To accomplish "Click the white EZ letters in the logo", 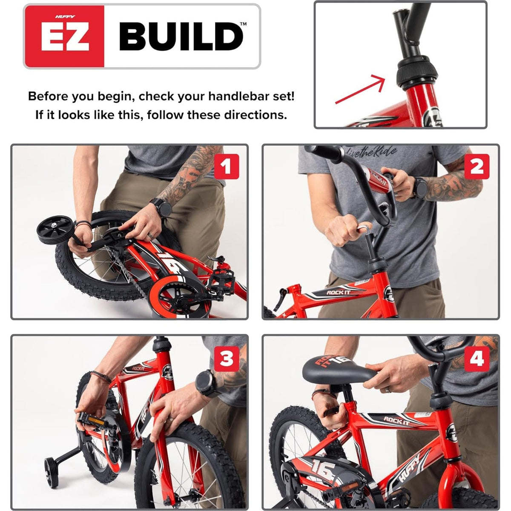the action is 65,37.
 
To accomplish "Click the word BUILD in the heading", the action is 181,37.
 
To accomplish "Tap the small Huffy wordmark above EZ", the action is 65,17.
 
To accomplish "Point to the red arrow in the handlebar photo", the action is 360,89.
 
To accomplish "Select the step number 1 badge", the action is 227,167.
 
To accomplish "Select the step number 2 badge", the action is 477,167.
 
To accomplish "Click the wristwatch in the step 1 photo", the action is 162,208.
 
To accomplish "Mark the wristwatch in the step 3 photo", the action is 206,383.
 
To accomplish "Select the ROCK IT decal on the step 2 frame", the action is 338,293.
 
